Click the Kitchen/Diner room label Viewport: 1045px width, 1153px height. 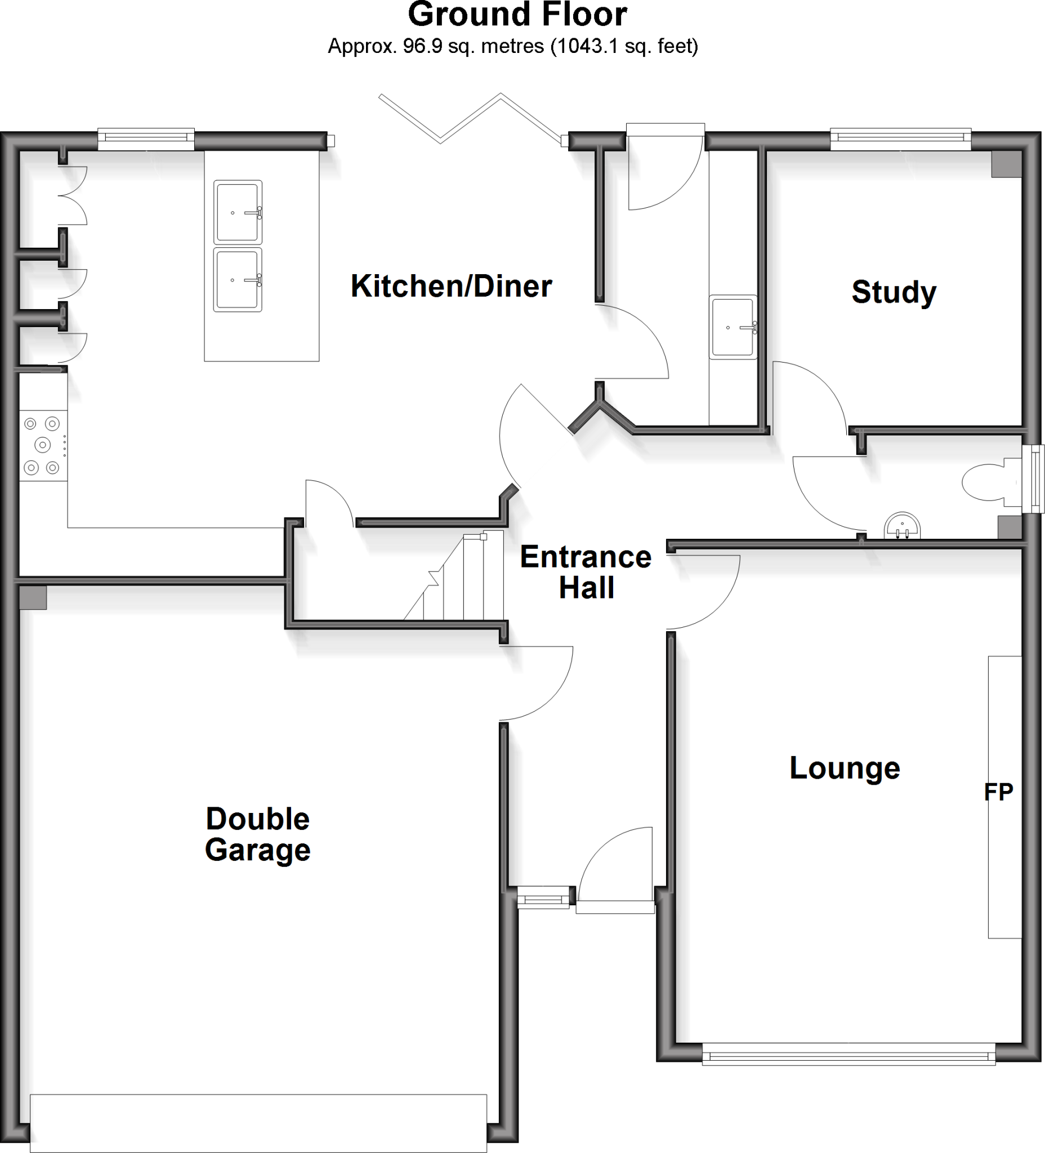click(x=452, y=287)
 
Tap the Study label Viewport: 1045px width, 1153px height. click(x=894, y=292)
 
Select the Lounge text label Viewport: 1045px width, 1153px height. click(x=844, y=768)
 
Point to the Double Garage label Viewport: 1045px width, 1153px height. click(x=257, y=834)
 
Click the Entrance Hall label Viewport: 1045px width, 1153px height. click(x=586, y=572)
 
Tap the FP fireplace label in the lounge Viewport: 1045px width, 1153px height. click(x=998, y=792)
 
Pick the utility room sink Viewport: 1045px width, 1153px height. click(x=733, y=327)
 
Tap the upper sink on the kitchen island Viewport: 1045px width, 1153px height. click(x=238, y=212)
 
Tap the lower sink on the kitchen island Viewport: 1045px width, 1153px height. click(x=238, y=280)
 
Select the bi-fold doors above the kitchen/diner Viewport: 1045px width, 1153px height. click(x=472, y=120)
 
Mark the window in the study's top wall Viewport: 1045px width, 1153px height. click(x=900, y=137)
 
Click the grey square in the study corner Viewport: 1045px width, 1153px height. click(x=1006, y=164)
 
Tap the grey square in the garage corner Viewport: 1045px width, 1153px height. click(x=33, y=597)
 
